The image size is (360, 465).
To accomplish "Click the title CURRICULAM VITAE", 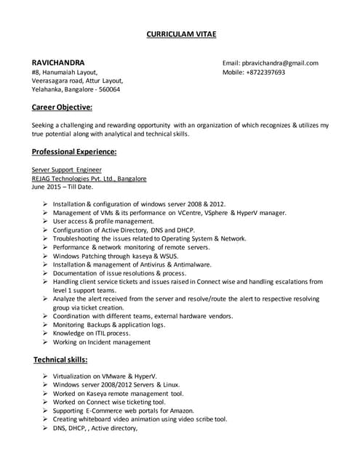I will (x=181, y=34).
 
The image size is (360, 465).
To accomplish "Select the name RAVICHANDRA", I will (x=57, y=62).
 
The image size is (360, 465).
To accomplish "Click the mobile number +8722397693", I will (x=264, y=73).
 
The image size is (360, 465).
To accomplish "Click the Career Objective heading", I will (x=62, y=108).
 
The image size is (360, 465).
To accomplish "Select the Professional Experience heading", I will (x=74, y=152).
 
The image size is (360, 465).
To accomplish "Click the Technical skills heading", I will (x=60, y=360).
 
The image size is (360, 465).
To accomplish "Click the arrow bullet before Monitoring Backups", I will (x=45, y=324).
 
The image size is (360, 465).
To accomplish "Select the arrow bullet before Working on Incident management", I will (x=45, y=341).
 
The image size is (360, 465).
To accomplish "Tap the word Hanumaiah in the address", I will (x=58, y=73).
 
